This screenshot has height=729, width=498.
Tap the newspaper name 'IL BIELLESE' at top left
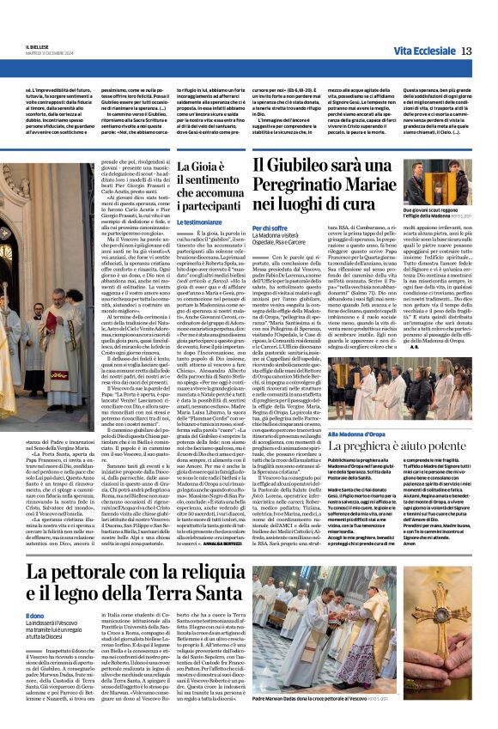[32, 47]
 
